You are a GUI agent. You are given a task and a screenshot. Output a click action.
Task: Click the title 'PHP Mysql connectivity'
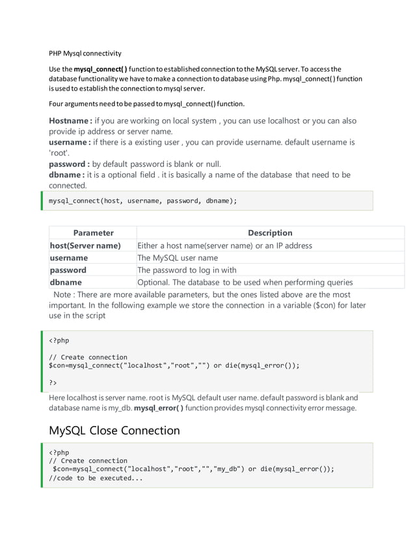(x=85, y=53)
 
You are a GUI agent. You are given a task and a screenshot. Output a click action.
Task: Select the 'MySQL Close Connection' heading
(x=114, y=430)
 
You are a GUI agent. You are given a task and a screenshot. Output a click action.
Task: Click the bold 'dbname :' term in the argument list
(x=68, y=175)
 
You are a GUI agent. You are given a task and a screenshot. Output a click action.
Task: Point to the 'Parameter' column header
(x=93, y=233)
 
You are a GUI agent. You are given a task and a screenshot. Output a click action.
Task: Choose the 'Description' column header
(x=270, y=233)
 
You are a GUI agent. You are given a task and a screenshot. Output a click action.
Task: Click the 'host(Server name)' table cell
(x=85, y=246)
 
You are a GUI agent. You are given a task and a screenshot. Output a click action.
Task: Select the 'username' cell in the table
(x=69, y=258)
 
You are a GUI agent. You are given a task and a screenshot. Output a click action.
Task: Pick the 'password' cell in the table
(x=68, y=270)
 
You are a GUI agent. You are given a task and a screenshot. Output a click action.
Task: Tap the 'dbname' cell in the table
(x=66, y=282)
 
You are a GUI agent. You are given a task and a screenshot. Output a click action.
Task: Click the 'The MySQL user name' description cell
(x=177, y=258)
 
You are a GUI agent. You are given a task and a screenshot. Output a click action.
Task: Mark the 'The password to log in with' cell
(x=187, y=270)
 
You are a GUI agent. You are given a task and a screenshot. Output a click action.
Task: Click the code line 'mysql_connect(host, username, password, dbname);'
(x=143, y=201)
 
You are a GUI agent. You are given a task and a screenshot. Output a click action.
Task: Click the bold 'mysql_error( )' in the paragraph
(x=158, y=408)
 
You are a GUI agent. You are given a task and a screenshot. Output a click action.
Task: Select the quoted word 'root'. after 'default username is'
(x=59, y=153)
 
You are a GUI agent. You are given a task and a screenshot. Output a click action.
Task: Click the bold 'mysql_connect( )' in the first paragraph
(x=100, y=68)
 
